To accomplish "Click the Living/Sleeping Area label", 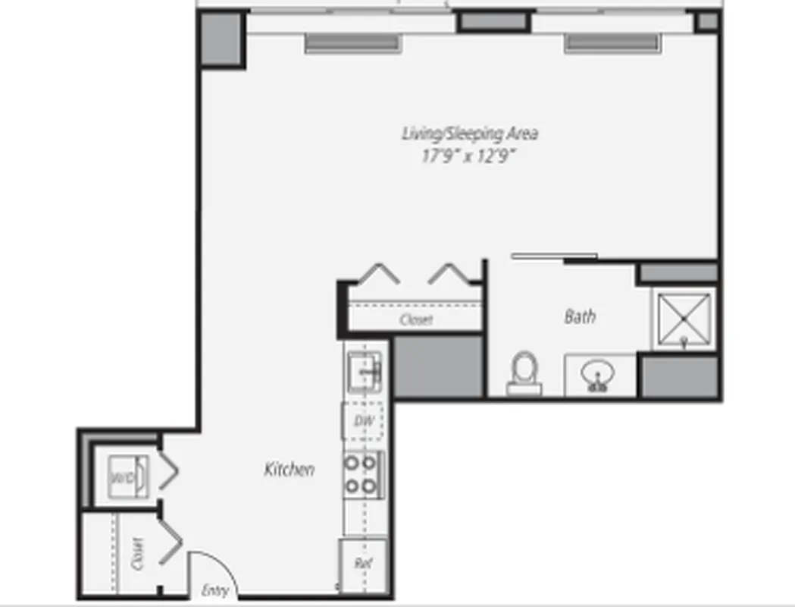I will (x=469, y=134).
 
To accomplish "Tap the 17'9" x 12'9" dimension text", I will (x=469, y=156).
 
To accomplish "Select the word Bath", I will (x=580, y=316).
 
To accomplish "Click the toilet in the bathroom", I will (x=524, y=372).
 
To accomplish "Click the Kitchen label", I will (x=289, y=470).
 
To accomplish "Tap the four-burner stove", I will (x=363, y=474).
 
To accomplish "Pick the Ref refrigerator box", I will (x=362, y=565).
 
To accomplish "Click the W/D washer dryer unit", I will (x=124, y=477).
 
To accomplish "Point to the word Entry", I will (x=215, y=591).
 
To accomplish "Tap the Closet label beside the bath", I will (x=416, y=319).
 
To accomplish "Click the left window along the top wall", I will (x=352, y=43).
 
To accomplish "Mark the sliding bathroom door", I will (x=554, y=256).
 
